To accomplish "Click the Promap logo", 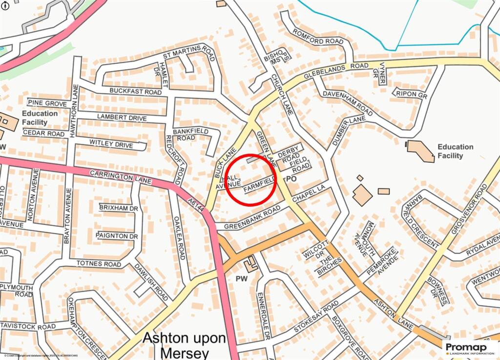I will [470, 347].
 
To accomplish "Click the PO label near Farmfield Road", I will [292, 179].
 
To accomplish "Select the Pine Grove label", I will [47, 103].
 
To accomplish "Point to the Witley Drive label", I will [111, 144].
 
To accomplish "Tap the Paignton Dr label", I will [117, 236].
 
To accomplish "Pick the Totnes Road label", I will [99, 264].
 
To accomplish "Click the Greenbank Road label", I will [252, 217].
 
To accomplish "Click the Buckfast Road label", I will [135, 91].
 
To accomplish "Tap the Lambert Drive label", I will [122, 118].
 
